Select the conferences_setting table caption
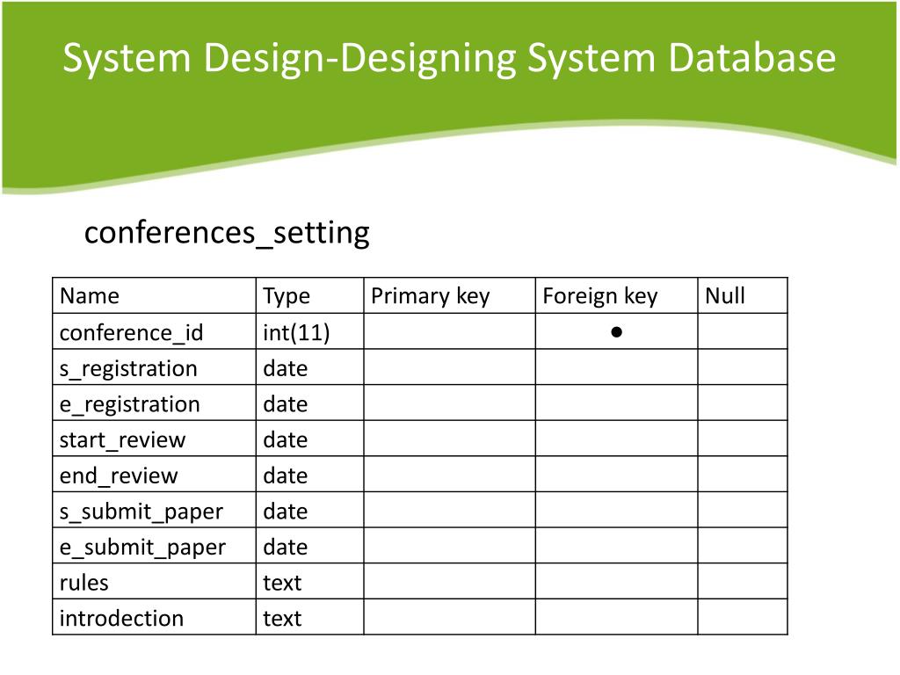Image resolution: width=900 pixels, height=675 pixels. (x=227, y=233)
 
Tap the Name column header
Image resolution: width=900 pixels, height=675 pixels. (x=89, y=296)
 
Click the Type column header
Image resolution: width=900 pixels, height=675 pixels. (x=287, y=296)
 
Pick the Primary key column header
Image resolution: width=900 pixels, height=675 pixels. (x=430, y=296)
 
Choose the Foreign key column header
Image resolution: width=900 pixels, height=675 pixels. (x=599, y=296)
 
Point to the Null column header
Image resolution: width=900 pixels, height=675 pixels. (x=725, y=296)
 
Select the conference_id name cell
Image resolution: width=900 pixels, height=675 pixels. (x=131, y=332)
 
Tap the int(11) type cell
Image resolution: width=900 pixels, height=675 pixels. (x=296, y=332)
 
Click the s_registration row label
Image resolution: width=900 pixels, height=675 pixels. (x=128, y=368)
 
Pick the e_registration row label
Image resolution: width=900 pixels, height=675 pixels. (x=129, y=404)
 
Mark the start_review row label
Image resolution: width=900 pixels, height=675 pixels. (x=122, y=439)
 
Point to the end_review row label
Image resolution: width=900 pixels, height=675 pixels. (x=118, y=475)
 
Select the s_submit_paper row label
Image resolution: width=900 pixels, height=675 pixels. (x=141, y=512)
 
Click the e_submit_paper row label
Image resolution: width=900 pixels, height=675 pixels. (x=142, y=547)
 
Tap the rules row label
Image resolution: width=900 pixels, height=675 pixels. (x=83, y=583)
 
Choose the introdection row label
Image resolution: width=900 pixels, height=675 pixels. (x=121, y=619)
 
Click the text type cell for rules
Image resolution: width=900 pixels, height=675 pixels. (x=282, y=583)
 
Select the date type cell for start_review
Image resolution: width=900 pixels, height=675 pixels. (x=285, y=439)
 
